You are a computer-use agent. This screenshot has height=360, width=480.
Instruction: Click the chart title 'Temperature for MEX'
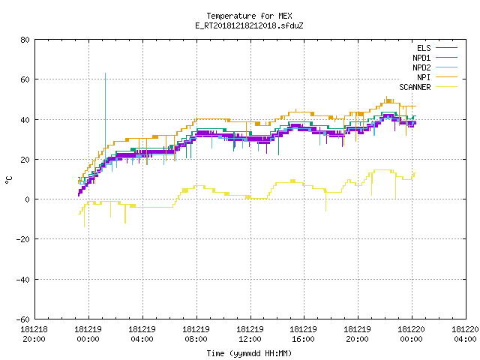[x=249, y=16]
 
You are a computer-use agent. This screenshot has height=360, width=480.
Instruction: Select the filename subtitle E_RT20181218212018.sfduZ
[x=249, y=25]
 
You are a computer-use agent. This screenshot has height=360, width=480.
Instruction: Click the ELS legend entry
[x=437, y=48]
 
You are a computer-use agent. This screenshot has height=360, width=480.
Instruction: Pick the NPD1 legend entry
[x=435, y=58]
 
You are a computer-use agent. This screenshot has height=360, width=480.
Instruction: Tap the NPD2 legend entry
[x=435, y=67]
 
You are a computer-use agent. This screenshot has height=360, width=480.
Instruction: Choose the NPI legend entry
[x=437, y=77]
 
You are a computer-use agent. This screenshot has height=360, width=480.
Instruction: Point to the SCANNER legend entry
[x=428, y=87]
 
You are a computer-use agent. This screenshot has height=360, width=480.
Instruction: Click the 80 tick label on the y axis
[x=25, y=40]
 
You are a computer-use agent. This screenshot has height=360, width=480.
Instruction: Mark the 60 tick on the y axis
[x=25, y=79]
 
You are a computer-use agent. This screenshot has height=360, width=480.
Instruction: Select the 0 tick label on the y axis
[x=28, y=199]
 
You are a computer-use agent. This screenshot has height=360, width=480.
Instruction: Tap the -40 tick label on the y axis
[x=23, y=280]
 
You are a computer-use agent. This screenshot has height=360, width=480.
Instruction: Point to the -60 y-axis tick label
[x=23, y=319]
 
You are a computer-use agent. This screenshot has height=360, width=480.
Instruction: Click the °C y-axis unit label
[x=8, y=180]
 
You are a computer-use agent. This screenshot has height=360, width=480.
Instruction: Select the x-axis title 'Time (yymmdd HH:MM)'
[x=249, y=353]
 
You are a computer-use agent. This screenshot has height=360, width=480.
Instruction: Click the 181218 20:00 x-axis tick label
[x=34, y=334]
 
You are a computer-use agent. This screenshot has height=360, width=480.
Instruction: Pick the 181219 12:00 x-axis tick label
[x=250, y=334]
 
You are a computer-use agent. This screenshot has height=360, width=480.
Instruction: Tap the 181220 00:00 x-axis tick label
[x=412, y=334]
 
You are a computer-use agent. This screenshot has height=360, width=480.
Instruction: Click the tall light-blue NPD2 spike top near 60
[x=105, y=73]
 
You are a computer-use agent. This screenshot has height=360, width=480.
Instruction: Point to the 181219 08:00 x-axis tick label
[x=196, y=334]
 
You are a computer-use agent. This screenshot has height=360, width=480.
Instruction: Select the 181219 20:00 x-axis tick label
[x=358, y=334]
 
